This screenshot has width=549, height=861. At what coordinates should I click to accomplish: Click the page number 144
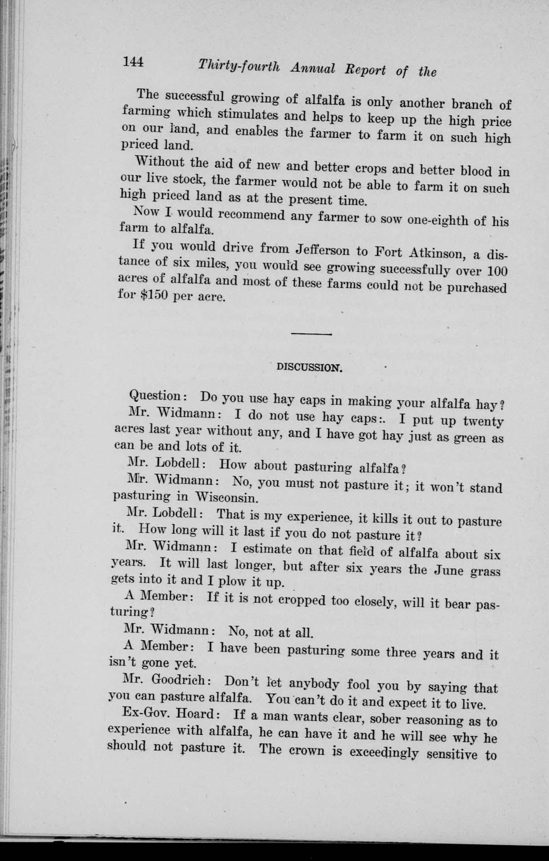(133, 62)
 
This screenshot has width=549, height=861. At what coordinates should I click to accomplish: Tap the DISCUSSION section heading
(309, 368)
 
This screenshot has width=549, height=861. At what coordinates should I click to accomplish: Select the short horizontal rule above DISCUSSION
(311, 335)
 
